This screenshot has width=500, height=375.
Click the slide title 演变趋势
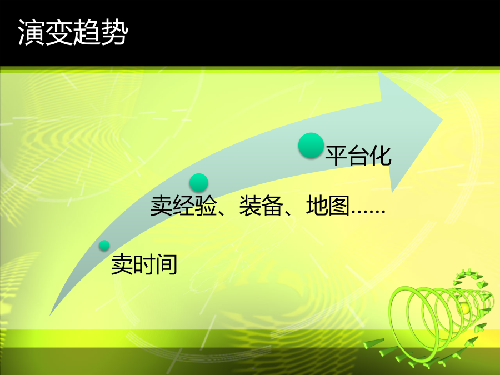[x=73, y=32]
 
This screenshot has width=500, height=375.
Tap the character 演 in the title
[x=31, y=32]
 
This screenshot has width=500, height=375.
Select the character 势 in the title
[x=115, y=32]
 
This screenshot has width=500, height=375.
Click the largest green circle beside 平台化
[x=311, y=146]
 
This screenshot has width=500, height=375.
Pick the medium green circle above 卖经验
[x=199, y=183]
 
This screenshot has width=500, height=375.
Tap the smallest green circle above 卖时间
[x=104, y=246]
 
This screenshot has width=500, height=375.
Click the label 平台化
[x=358, y=156]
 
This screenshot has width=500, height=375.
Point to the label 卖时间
[x=144, y=264]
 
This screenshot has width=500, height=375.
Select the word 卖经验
[x=184, y=206]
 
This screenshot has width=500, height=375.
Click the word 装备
[x=262, y=206]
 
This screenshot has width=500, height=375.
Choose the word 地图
[x=328, y=206]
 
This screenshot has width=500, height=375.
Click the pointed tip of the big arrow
[x=443, y=119]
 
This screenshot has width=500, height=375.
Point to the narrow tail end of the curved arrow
[x=51, y=314]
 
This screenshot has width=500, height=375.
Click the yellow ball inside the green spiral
[x=464, y=308]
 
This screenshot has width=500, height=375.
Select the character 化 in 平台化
[x=381, y=156]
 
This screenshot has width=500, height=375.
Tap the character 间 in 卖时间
[x=167, y=264]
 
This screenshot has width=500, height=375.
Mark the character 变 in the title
[x=59, y=32]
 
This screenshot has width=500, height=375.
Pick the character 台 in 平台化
[x=358, y=156]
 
